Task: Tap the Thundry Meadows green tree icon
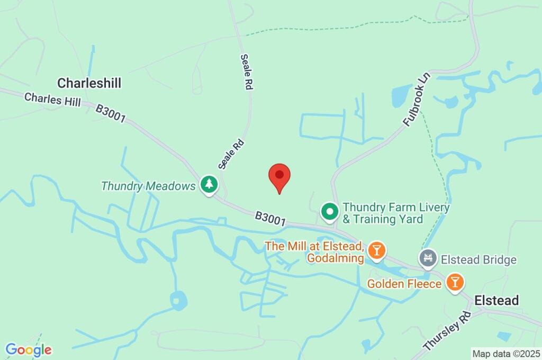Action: [210, 185]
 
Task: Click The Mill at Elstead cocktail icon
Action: [376, 250]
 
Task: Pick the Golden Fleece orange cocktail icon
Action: [454, 282]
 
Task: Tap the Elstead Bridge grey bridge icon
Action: [428, 258]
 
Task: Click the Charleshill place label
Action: [89, 83]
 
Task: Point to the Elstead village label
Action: [496, 300]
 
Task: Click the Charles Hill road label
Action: [52, 100]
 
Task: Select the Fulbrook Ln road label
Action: [418, 99]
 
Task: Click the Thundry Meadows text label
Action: [148, 186]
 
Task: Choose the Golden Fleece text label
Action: [404, 284]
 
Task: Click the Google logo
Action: [29, 349]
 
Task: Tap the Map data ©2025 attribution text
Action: [506, 353]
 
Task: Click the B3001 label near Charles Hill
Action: [111, 113]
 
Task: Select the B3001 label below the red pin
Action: [270, 219]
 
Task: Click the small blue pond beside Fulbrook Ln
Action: [402, 95]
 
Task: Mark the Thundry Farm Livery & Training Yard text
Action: [396, 213]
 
